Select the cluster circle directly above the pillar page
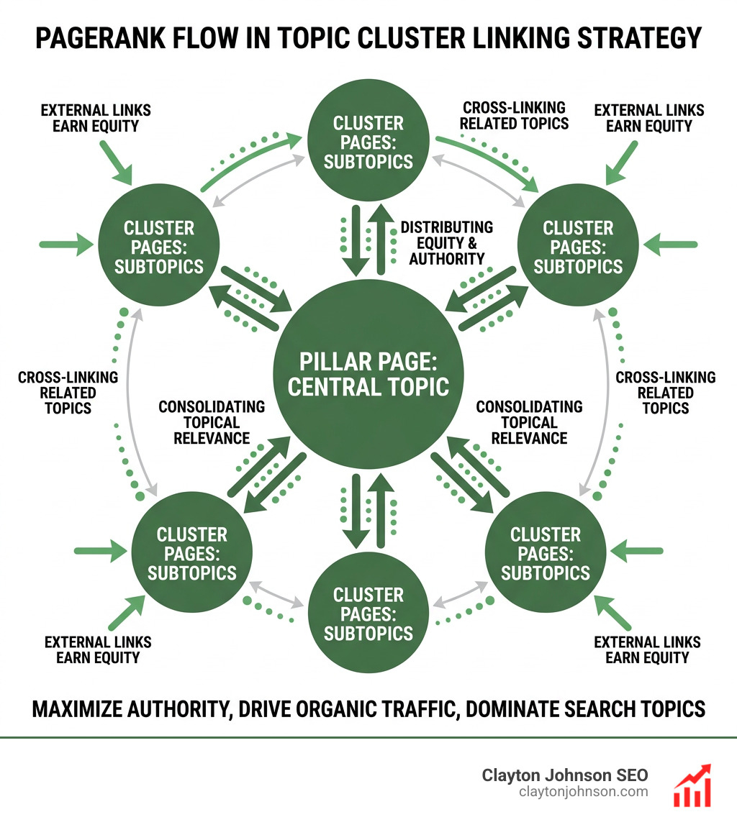(368, 142)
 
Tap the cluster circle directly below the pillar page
(368, 614)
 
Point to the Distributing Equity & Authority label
(446, 243)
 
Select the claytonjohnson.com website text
(583, 792)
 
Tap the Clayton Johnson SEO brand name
(564, 775)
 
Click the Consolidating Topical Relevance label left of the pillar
(211, 422)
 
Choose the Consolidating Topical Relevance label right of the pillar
(529, 422)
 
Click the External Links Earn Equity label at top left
(96, 118)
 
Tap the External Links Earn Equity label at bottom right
(647, 649)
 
